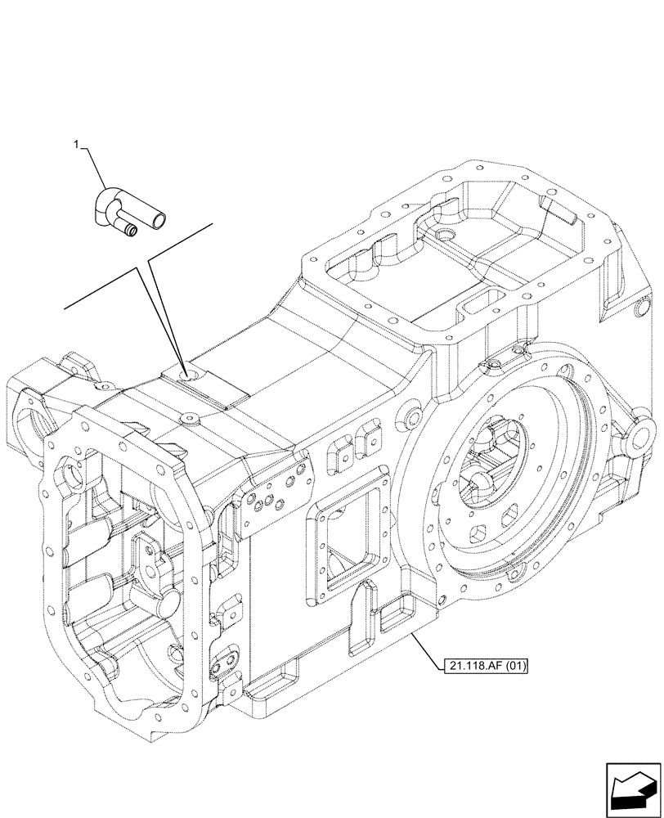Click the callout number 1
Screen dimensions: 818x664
tap(76, 145)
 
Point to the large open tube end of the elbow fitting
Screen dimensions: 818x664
tap(161, 219)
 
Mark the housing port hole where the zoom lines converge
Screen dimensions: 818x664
tap(190, 377)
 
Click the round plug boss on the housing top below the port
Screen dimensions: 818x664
tap(190, 418)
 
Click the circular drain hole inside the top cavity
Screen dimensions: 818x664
tap(446, 237)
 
